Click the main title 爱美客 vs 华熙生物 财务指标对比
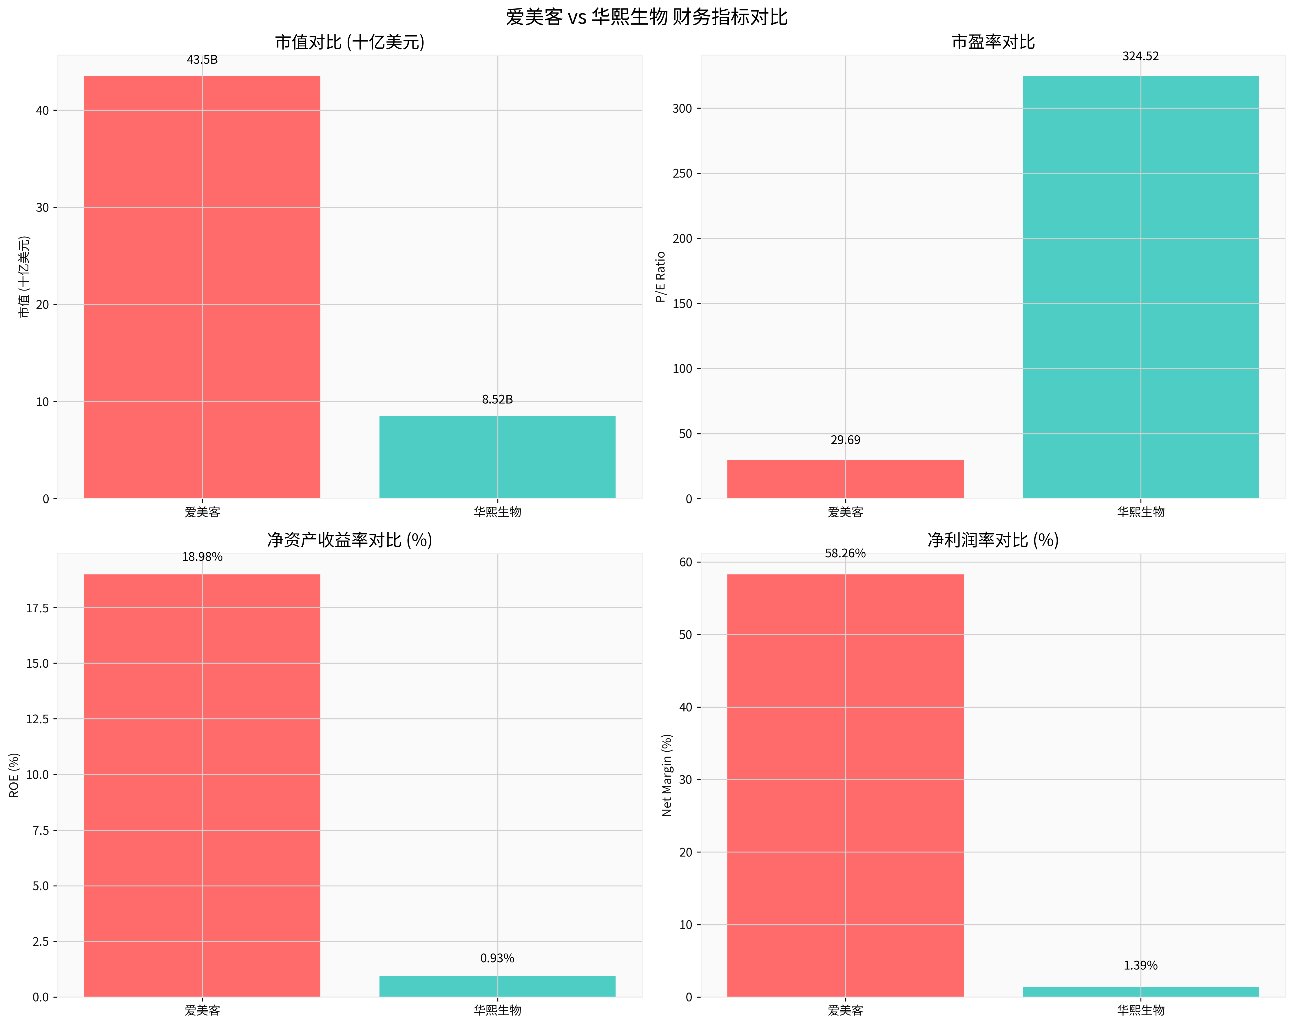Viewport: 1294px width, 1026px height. (x=646, y=17)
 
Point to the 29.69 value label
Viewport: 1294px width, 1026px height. (x=845, y=440)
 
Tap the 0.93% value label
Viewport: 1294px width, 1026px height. (x=497, y=958)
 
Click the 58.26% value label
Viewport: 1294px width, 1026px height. (x=845, y=553)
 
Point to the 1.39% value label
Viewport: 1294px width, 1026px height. (x=1140, y=965)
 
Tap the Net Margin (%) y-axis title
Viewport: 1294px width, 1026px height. (x=667, y=775)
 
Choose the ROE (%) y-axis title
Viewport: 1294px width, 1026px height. (x=14, y=775)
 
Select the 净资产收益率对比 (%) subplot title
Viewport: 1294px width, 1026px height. (x=349, y=540)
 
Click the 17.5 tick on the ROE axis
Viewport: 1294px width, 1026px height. (x=37, y=608)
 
